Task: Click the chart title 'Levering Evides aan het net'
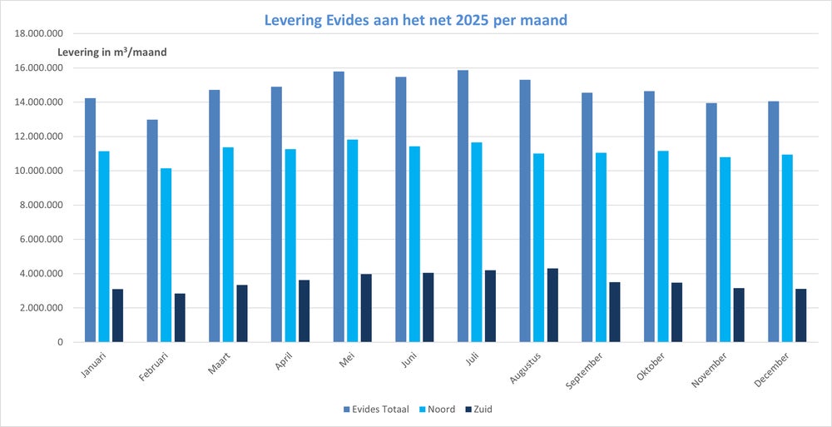[415, 19]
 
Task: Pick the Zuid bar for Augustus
[552, 305]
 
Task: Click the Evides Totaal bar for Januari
[90, 220]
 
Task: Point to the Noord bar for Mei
[353, 241]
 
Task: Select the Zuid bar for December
[801, 315]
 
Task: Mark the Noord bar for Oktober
[663, 246]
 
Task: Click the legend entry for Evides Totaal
[375, 409]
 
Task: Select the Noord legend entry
[436, 409]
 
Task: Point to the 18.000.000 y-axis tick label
[37, 34]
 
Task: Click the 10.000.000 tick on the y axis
[37, 171]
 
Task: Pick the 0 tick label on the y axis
[60, 342]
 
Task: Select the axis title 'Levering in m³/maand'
[111, 52]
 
